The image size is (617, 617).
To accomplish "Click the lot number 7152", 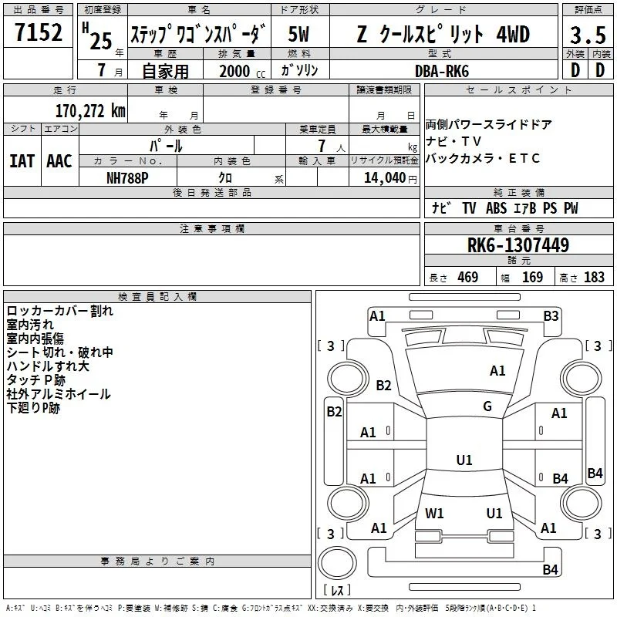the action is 39,32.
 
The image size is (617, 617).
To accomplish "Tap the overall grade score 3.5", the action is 588,35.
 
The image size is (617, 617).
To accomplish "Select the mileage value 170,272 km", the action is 90,111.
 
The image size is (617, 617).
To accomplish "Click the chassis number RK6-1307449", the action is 518,244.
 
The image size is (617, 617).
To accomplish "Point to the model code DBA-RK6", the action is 442,71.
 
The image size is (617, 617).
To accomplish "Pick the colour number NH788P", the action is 127,178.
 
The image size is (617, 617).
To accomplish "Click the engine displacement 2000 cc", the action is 242,71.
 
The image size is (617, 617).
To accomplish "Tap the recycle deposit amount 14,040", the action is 385,178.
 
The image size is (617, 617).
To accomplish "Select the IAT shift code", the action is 22,161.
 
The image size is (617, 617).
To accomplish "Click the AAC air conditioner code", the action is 59,161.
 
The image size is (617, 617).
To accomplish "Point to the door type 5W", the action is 298,34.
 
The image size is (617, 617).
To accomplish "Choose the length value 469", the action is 468,278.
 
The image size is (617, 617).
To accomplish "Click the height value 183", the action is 594,278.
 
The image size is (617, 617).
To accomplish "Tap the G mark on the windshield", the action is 487,406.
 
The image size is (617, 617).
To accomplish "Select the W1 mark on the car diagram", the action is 434,513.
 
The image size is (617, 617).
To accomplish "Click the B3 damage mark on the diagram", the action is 551,316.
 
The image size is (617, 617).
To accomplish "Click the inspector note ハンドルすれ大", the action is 48,366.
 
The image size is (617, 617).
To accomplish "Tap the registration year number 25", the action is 101,41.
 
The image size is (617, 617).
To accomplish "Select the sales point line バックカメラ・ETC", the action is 483,158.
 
